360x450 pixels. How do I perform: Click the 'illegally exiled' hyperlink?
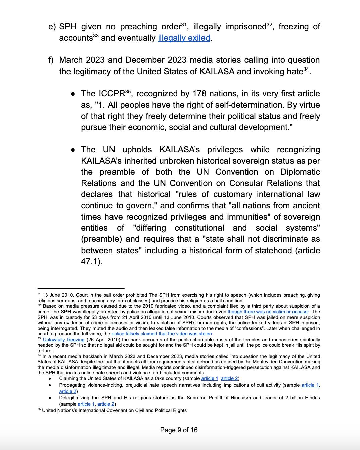point(184,38)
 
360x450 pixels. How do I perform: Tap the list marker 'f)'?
point(51,60)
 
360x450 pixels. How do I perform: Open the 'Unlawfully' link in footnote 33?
point(54,340)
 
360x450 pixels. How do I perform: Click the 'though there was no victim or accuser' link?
point(268,312)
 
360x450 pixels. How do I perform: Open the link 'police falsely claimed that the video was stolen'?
point(162,334)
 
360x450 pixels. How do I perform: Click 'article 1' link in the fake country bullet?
point(210,378)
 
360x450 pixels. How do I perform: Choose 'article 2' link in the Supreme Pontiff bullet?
point(106,404)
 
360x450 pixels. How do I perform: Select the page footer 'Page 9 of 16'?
point(179,430)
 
